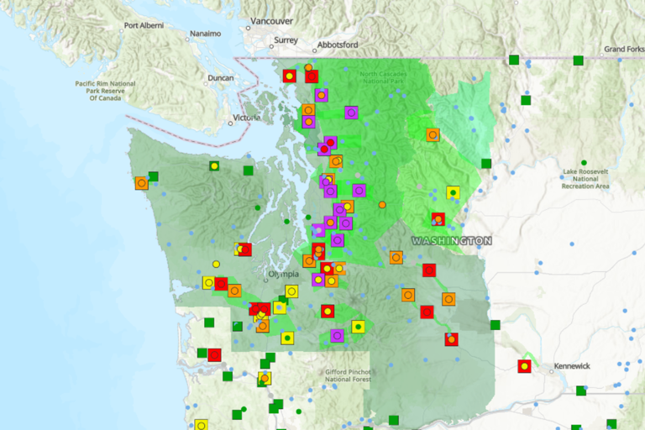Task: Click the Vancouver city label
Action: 271,21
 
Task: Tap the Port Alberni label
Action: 143,25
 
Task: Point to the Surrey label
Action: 286,39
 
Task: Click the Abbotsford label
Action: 338,45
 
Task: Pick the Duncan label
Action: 220,78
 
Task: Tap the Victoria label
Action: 247,118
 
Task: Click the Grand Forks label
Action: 623,50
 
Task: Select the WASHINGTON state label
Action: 451,241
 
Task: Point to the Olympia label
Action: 282,275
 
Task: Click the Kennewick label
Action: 571,367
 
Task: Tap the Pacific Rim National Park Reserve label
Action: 105,91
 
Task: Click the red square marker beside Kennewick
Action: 524,366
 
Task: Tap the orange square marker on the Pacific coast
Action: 141,182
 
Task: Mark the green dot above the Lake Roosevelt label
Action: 584,162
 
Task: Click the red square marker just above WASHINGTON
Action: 438,220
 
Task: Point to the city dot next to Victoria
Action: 230,123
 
